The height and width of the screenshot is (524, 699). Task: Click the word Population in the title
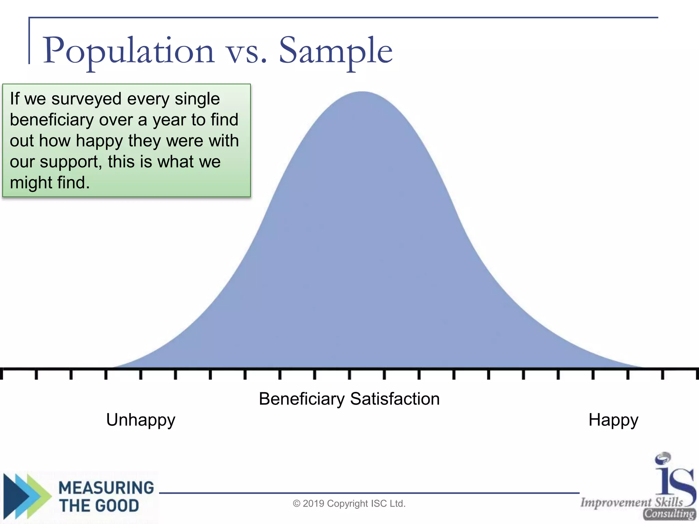click(129, 51)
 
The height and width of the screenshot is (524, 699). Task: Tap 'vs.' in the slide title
click(246, 53)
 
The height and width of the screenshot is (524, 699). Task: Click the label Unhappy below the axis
click(141, 420)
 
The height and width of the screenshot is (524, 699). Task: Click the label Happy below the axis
click(613, 420)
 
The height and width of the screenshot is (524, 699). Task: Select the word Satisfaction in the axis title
click(395, 399)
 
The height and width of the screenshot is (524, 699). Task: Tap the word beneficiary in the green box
click(52, 120)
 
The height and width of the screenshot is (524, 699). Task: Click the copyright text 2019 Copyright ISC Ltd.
click(349, 504)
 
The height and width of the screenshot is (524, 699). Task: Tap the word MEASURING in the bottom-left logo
click(106, 487)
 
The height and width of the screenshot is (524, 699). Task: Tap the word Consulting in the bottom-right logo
click(669, 514)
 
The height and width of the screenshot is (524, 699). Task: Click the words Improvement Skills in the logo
click(632, 502)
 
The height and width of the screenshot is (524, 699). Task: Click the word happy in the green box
click(99, 141)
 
